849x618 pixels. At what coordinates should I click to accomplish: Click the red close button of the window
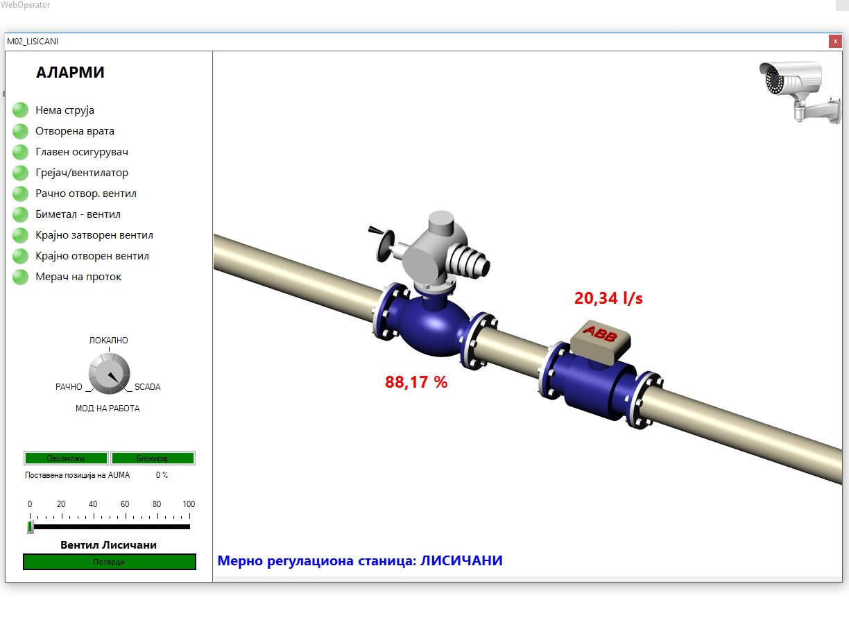coord(835,42)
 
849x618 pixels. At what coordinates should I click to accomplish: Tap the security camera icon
coord(800,92)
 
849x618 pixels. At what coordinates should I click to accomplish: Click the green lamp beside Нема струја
coord(21,110)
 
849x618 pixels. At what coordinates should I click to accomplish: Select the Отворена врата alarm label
coord(75,131)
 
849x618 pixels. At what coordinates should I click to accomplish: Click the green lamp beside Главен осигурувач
coord(21,152)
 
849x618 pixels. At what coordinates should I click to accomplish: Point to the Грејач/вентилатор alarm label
coord(82,173)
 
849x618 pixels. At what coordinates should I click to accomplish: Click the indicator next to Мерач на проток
coord(21,277)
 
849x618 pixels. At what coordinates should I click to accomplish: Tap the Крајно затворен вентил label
coord(94,235)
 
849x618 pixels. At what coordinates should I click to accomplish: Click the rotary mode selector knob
coord(109,374)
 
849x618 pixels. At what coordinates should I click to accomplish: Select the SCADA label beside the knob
coord(148,387)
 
